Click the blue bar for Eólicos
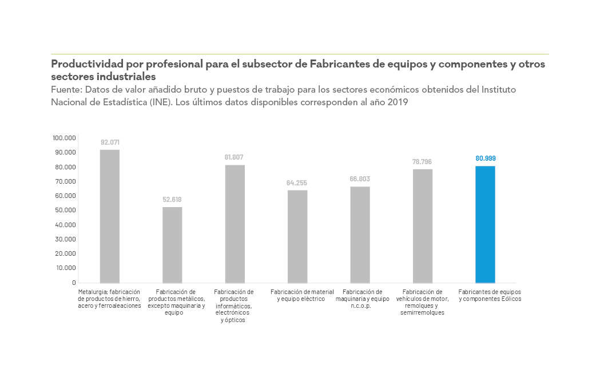pyautogui.click(x=485, y=224)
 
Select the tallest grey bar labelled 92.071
pyautogui.click(x=110, y=216)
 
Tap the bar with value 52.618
pyautogui.click(x=172, y=245)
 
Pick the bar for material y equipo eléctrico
pyautogui.click(x=297, y=236)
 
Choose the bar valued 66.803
pyautogui.click(x=360, y=235)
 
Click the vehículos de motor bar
pyautogui.click(x=423, y=226)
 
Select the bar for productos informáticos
pyautogui.click(x=235, y=224)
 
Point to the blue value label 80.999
pyautogui.click(x=485, y=158)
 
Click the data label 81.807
pyautogui.click(x=235, y=157)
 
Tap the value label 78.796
pyautogui.click(x=422, y=161)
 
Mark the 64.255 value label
pyautogui.click(x=297, y=183)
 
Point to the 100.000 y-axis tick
pyautogui.click(x=64, y=138)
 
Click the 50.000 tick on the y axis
pyautogui.click(x=65, y=210)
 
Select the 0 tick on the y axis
pyautogui.click(x=74, y=282)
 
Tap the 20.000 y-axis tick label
pyautogui.click(x=65, y=253)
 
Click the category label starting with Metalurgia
pyautogui.click(x=109, y=299)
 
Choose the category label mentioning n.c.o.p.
pyautogui.click(x=362, y=299)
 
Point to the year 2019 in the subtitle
pyautogui.click(x=396, y=102)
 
